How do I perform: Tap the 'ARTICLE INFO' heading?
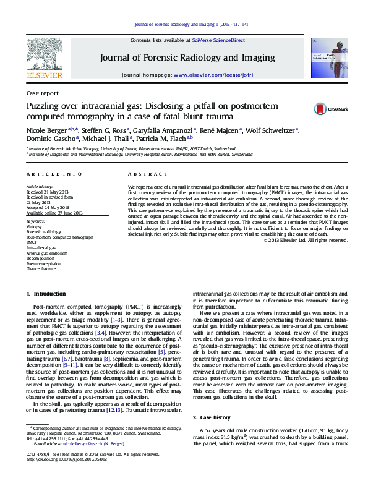(54, 175)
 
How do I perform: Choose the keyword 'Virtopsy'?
(35, 227)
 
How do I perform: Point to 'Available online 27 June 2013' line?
(53, 212)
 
